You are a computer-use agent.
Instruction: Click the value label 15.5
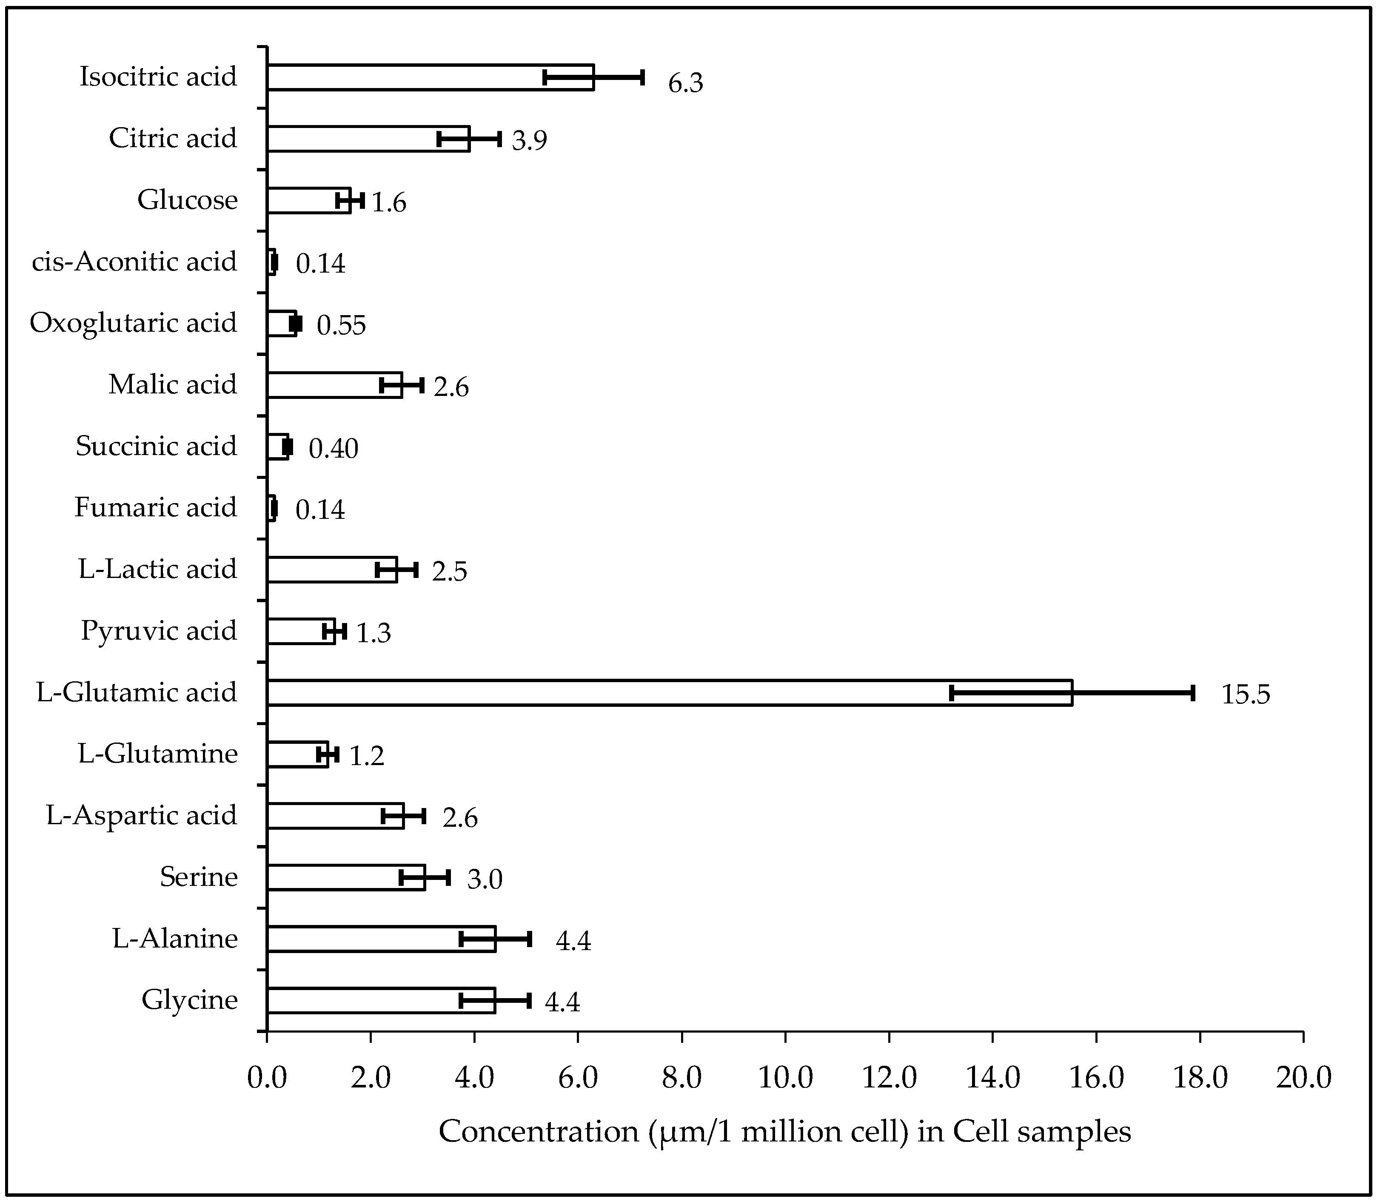coord(1245,694)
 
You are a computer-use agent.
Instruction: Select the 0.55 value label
coord(341,326)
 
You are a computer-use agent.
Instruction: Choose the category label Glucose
coord(188,200)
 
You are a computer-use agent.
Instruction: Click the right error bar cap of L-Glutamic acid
coord(1193,693)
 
